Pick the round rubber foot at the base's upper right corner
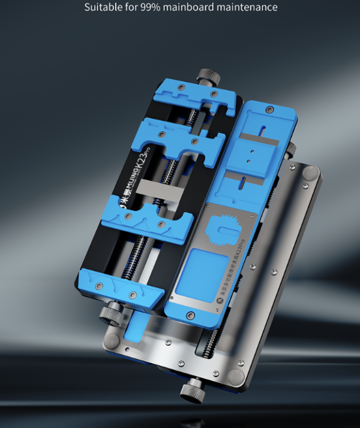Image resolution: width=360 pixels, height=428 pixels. point(310,174)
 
